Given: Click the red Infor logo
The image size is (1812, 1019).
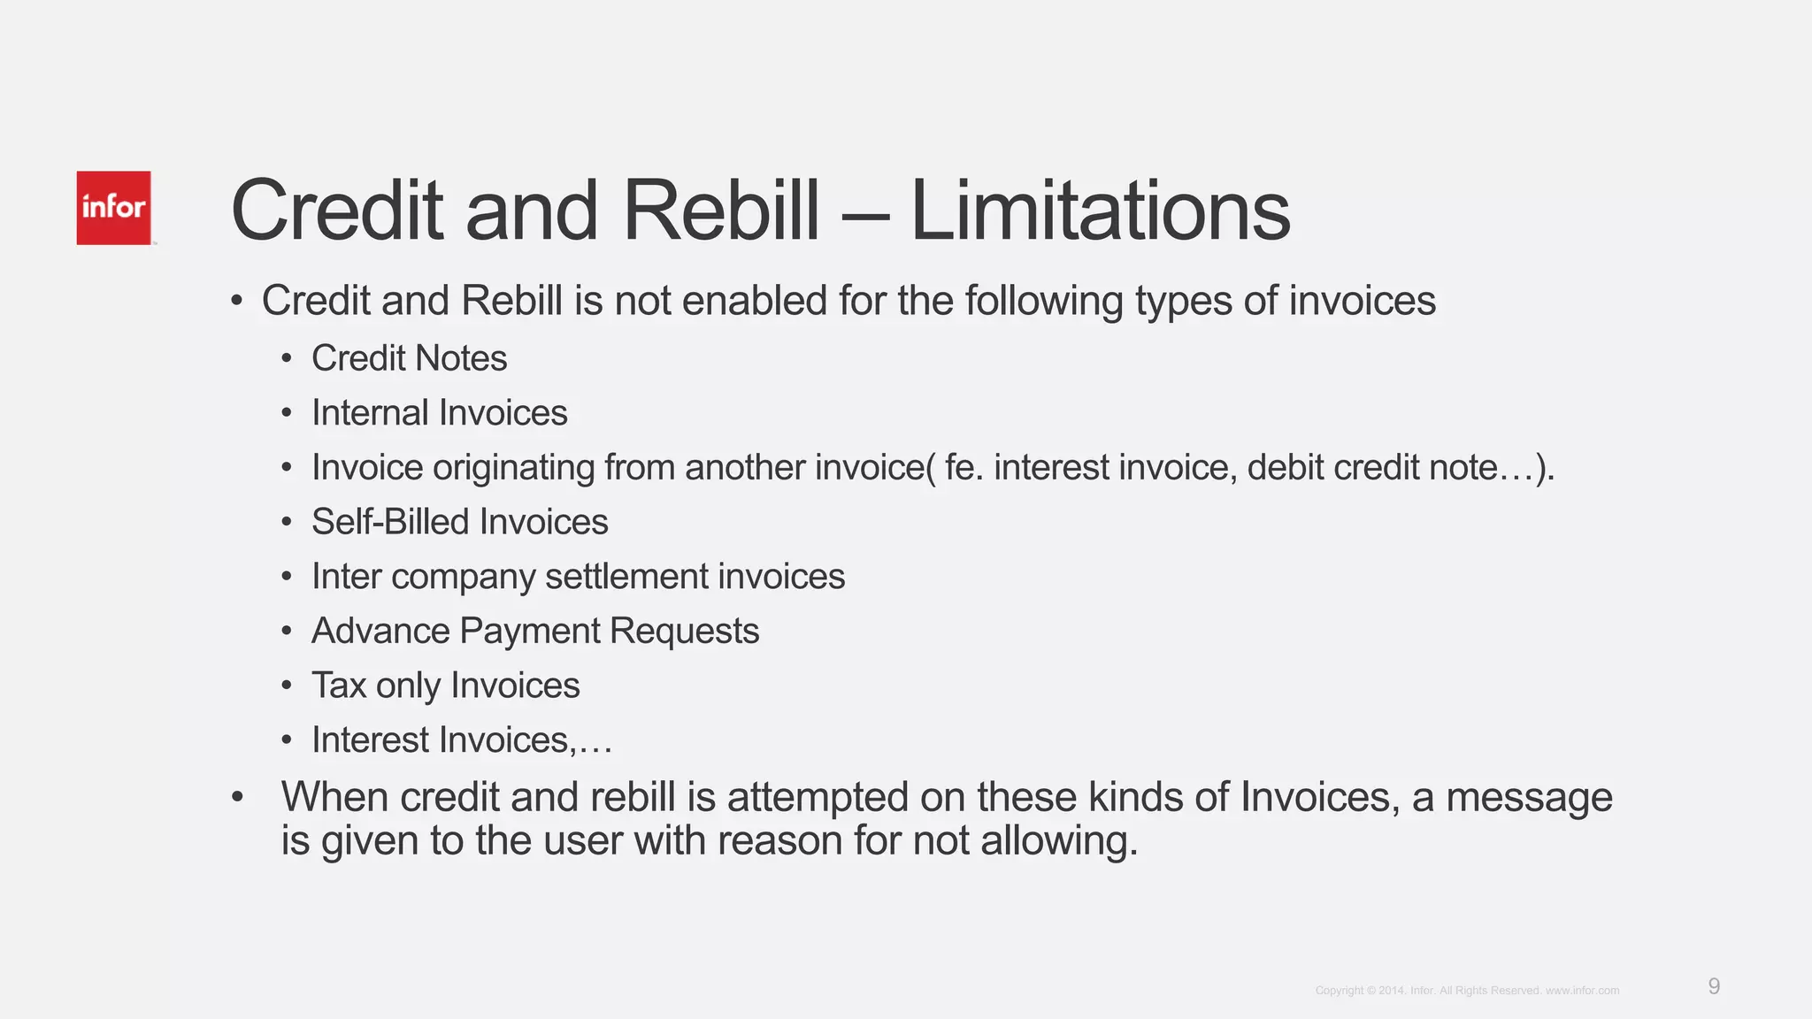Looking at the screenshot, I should point(113,208).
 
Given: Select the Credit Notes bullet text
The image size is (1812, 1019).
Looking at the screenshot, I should point(409,358).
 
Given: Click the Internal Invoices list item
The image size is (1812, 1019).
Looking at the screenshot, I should point(439,413).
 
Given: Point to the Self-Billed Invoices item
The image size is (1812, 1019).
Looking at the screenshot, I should point(459,522).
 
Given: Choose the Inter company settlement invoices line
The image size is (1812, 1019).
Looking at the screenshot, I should point(578,577).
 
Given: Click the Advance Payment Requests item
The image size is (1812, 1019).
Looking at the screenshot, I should point(534,632).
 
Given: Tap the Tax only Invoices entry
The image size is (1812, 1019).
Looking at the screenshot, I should point(445,686).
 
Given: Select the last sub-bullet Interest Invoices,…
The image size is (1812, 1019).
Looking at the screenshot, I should point(461,740).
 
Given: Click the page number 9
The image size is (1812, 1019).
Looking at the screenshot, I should point(1714,986).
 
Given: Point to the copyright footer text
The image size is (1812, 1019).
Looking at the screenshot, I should point(1466,991).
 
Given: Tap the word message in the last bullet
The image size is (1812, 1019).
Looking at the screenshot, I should point(1529,797).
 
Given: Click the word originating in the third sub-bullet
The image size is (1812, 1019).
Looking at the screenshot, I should point(513,468).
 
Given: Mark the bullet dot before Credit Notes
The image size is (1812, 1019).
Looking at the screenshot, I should point(286,359).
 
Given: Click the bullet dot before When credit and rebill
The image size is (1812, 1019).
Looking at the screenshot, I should point(236,798).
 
